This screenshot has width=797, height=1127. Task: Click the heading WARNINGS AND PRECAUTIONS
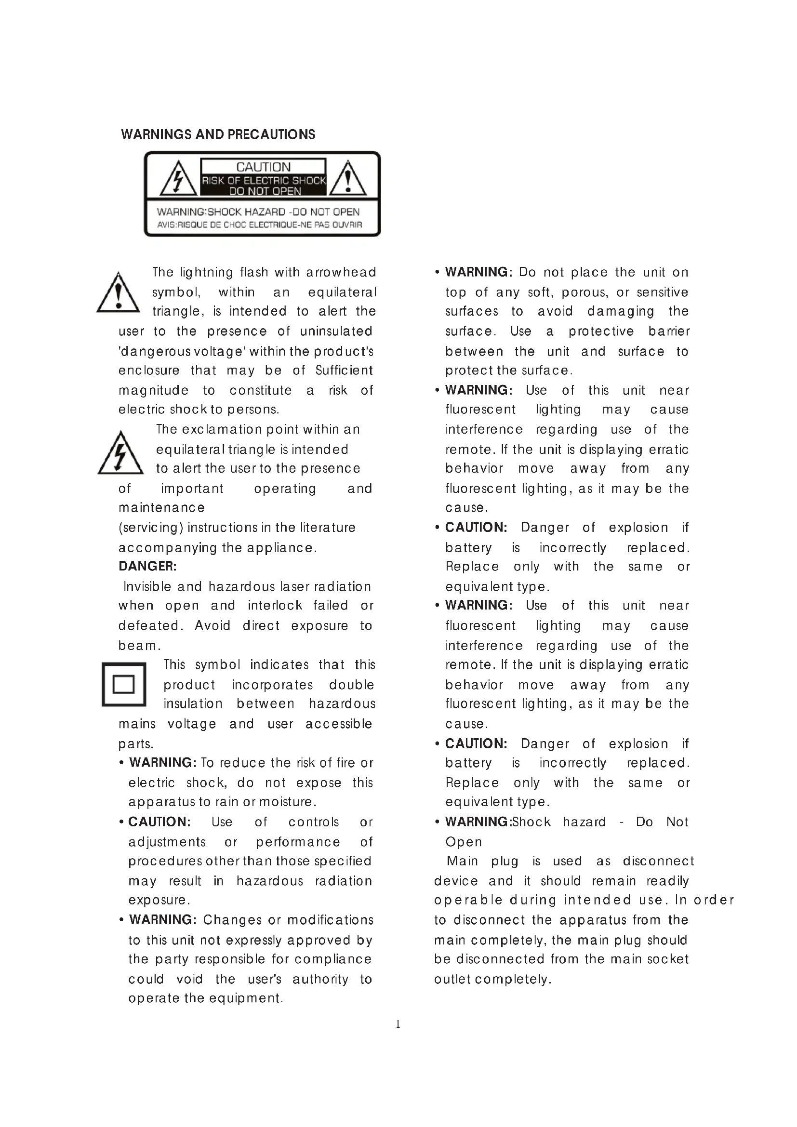218,134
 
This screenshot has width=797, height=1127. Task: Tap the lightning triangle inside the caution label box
177,179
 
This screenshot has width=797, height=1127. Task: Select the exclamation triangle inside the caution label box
347,179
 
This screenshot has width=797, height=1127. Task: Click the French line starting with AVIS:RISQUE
259,225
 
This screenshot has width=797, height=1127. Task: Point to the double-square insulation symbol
124,684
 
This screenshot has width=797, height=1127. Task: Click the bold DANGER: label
147,567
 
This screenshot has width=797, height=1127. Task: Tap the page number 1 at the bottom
398,1024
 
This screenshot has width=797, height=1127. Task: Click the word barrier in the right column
669,331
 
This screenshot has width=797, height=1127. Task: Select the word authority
320,979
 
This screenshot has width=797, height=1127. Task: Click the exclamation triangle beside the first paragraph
118,294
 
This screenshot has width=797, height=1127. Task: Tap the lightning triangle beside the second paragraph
120,453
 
